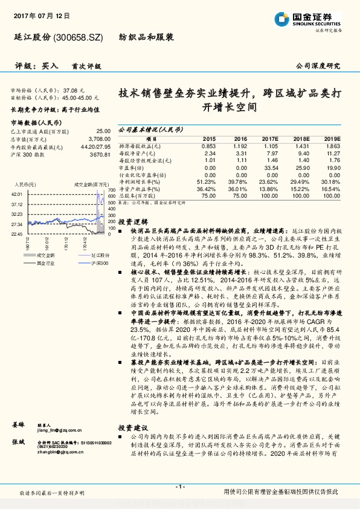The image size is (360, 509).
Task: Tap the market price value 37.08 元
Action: click(x=74, y=89)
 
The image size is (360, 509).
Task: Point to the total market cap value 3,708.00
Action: click(x=98, y=138)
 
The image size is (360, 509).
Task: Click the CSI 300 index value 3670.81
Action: click(x=99, y=155)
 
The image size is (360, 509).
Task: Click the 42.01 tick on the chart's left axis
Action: click(x=16, y=193)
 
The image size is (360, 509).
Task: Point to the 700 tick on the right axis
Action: click(x=112, y=191)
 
